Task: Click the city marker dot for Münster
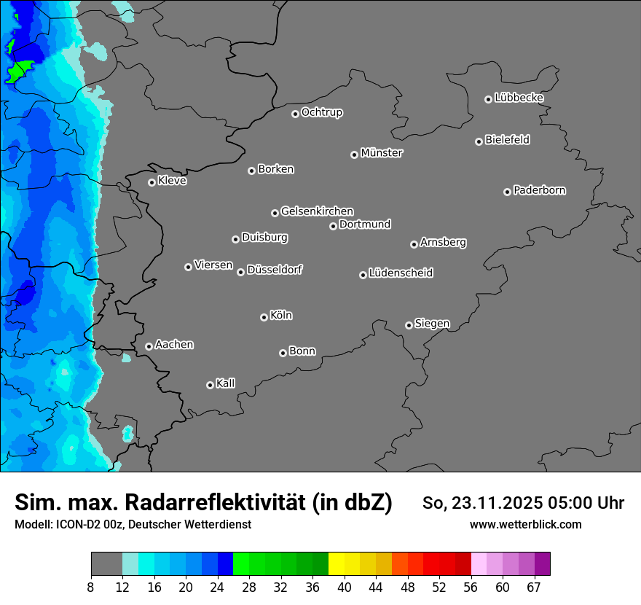[355, 155]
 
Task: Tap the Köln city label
[281, 316]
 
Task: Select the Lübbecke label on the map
[519, 98]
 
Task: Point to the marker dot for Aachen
[149, 346]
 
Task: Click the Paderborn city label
[539, 190]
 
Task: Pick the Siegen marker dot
[409, 325]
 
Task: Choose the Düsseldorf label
[275, 270]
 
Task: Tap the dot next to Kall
[210, 385]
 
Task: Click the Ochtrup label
[322, 112]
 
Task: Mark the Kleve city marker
[152, 182]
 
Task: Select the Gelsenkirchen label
[317, 211]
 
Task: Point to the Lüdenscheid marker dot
[363, 275]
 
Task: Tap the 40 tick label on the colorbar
[345, 588]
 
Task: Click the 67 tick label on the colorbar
[534, 588]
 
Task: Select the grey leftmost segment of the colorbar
[106, 564]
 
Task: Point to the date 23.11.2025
[496, 503]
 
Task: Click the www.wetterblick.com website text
[525, 524]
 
